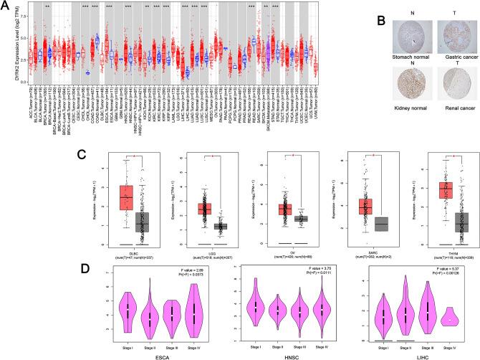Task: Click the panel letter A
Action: (6, 6)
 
